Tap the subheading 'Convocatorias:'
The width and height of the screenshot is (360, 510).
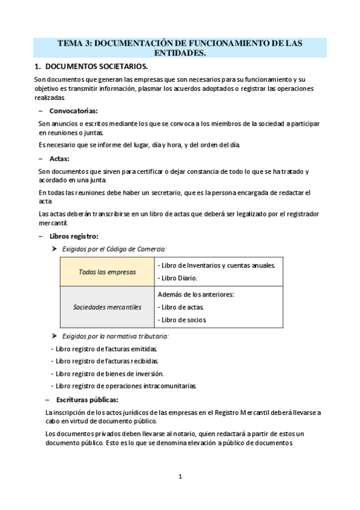73,111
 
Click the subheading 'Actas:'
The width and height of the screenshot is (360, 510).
59,159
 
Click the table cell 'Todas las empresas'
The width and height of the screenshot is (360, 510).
107,272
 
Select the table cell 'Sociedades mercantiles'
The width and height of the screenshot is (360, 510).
107,307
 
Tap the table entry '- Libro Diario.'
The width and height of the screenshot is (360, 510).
177,278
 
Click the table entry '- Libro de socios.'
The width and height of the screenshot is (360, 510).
183,319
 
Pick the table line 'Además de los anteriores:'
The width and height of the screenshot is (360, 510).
196,295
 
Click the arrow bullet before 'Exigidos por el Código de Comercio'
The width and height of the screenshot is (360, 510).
55,248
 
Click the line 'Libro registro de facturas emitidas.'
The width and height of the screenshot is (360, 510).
105,348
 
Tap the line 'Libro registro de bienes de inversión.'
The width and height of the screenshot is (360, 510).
107,373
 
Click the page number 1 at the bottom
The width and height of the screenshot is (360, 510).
180,477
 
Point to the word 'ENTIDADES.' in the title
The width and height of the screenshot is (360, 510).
180,54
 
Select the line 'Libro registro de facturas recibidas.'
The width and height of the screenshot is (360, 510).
105,361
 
